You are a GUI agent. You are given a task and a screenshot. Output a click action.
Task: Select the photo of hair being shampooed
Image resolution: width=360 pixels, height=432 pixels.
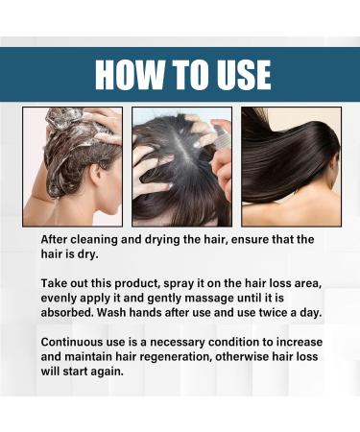click(x=72, y=165)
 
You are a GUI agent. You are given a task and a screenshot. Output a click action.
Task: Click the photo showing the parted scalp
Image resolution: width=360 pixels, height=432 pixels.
click(x=180, y=165)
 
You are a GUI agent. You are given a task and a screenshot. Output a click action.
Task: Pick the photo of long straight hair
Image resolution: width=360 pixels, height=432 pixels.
click(x=289, y=165)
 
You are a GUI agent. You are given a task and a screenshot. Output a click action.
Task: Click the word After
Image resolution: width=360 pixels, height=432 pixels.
click(x=59, y=239)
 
